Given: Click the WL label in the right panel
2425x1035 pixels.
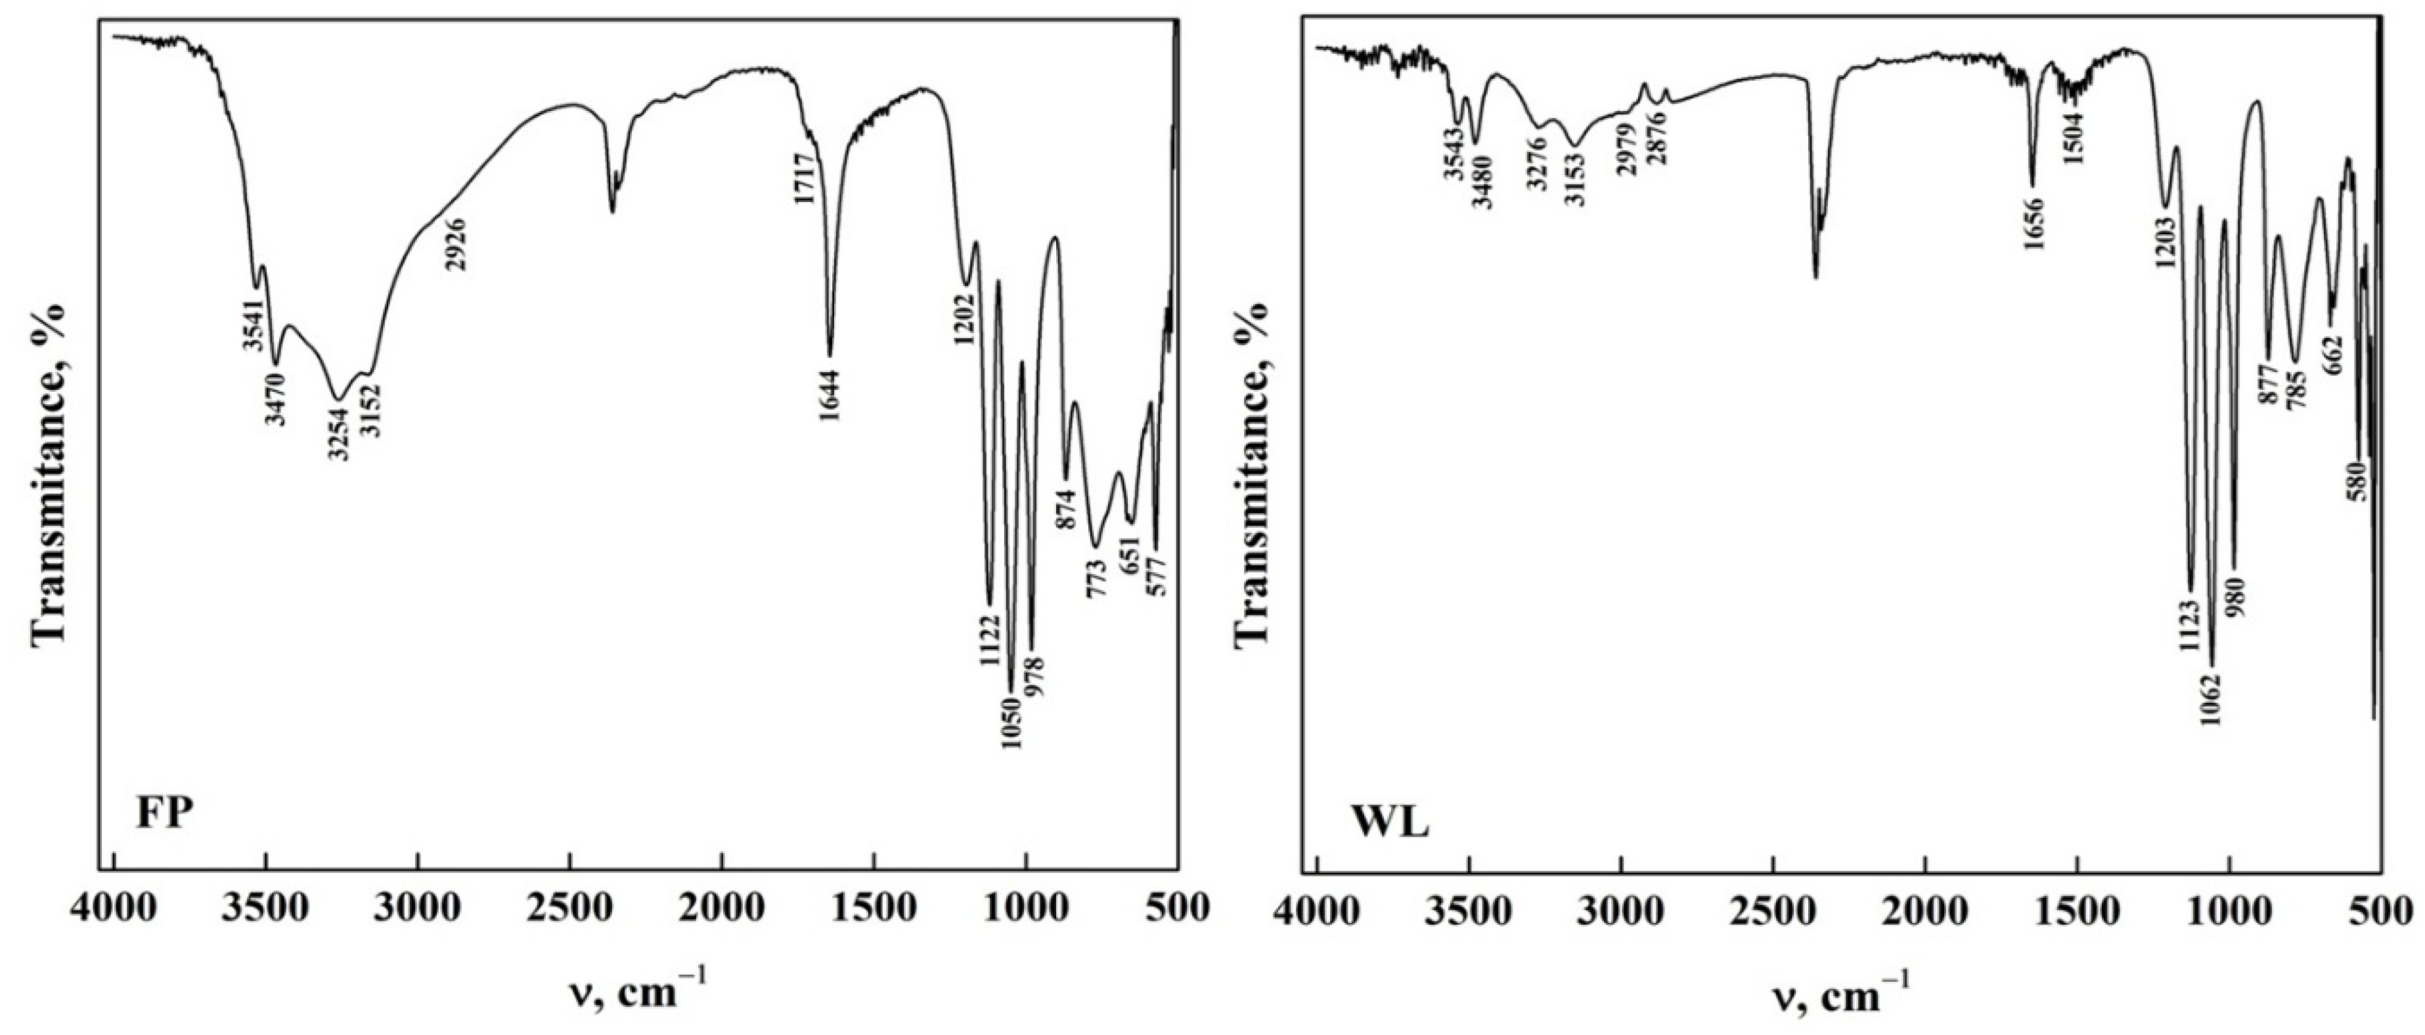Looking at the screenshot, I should (x=1390, y=824).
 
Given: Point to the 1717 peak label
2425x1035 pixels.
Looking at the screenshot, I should (x=805, y=184).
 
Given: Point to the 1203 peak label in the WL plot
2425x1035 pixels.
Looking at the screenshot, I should (x=2164, y=243).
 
